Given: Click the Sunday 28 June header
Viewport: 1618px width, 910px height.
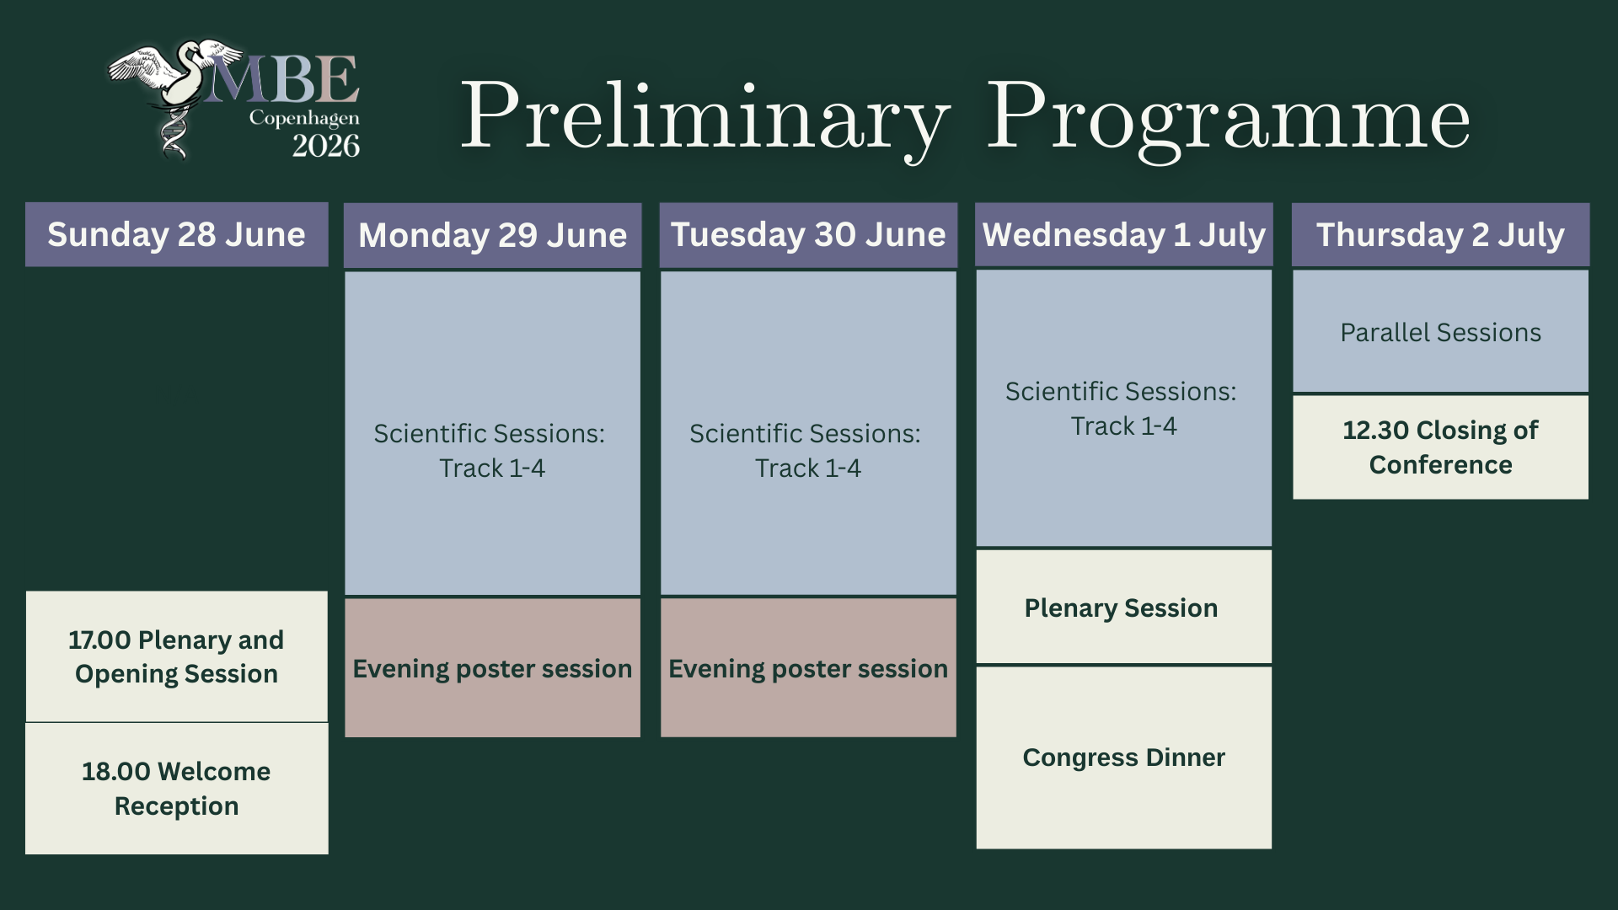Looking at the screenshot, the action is (x=176, y=234).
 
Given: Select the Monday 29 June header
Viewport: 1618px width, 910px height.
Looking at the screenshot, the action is (x=493, y=235).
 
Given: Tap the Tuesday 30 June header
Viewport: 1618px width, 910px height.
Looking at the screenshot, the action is (x=808, y=235).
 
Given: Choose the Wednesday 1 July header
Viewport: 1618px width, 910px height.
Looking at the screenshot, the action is (x=1124, y=235).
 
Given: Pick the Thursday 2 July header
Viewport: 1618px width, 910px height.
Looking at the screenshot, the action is (x=1440, y=235).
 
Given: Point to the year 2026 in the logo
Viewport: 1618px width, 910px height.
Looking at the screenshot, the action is (x=326, y=146).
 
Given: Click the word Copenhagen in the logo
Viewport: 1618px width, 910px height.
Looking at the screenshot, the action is (x=304, y=119).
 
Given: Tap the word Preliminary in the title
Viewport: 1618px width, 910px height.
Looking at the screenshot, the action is (x=705, y=118).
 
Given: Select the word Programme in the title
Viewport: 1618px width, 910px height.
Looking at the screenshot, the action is (x=1228, y=118).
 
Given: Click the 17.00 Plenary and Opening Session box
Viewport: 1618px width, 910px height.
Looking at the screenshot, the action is (x=176, y=656).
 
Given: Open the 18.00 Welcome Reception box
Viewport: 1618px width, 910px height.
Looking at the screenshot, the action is (x=176, y=789).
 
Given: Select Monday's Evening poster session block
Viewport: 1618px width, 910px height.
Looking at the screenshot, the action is (x=492, y=667).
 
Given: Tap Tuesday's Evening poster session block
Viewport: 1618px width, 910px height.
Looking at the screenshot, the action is (x=808, y=667).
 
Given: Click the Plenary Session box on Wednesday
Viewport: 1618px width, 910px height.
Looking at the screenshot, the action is (x=1123, y=607).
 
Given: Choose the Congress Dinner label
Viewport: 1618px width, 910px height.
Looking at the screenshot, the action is (x=1123, y=757).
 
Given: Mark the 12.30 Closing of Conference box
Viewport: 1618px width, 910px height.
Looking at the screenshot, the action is (x=1440, y=447).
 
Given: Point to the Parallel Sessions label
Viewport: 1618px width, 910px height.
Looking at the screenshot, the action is (x=1440, y=333).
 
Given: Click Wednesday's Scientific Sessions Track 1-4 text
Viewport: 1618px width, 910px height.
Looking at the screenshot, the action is (x=1122, y=409).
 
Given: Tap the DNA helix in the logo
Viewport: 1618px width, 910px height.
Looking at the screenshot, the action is (x=174, y=134).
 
